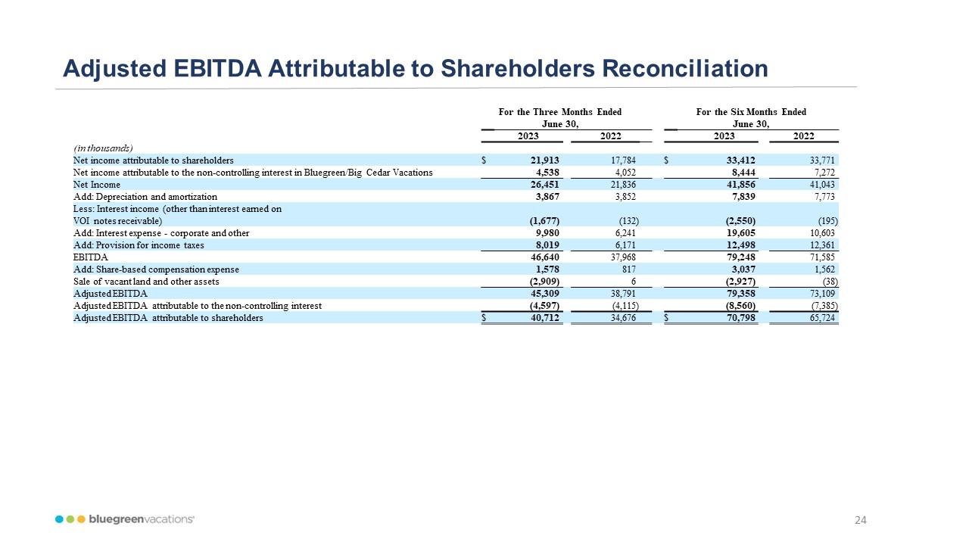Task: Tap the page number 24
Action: click(860, 520)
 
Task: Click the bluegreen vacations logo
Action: click(125, 519)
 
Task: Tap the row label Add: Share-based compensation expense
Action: click(156, 269)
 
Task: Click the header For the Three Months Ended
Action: click(560, 112)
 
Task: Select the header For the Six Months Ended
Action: click(751, 112)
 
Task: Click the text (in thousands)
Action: click(103, 148)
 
